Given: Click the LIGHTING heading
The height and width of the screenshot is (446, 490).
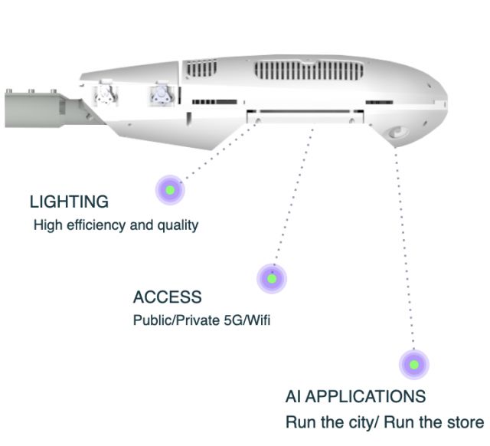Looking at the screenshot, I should tap(69, 202).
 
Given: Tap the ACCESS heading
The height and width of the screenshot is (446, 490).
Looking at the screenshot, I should tap(168, 297).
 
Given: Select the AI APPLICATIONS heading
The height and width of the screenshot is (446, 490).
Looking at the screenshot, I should tap(355, 397).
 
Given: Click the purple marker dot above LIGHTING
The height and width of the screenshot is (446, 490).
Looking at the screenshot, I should tap(170, 189).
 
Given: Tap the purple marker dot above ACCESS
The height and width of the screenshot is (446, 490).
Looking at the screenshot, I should tap(271, 278).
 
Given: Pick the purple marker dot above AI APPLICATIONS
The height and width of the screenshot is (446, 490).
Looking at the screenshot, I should tap(414, 365).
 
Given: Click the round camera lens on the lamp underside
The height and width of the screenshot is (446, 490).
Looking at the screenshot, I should tap(397, 133).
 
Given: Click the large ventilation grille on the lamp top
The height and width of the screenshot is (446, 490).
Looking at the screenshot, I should tap(306, 71).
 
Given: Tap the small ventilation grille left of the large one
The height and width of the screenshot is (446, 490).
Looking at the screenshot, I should tap(202, 69).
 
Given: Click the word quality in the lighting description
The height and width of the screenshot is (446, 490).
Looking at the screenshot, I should tap(178, 225).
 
